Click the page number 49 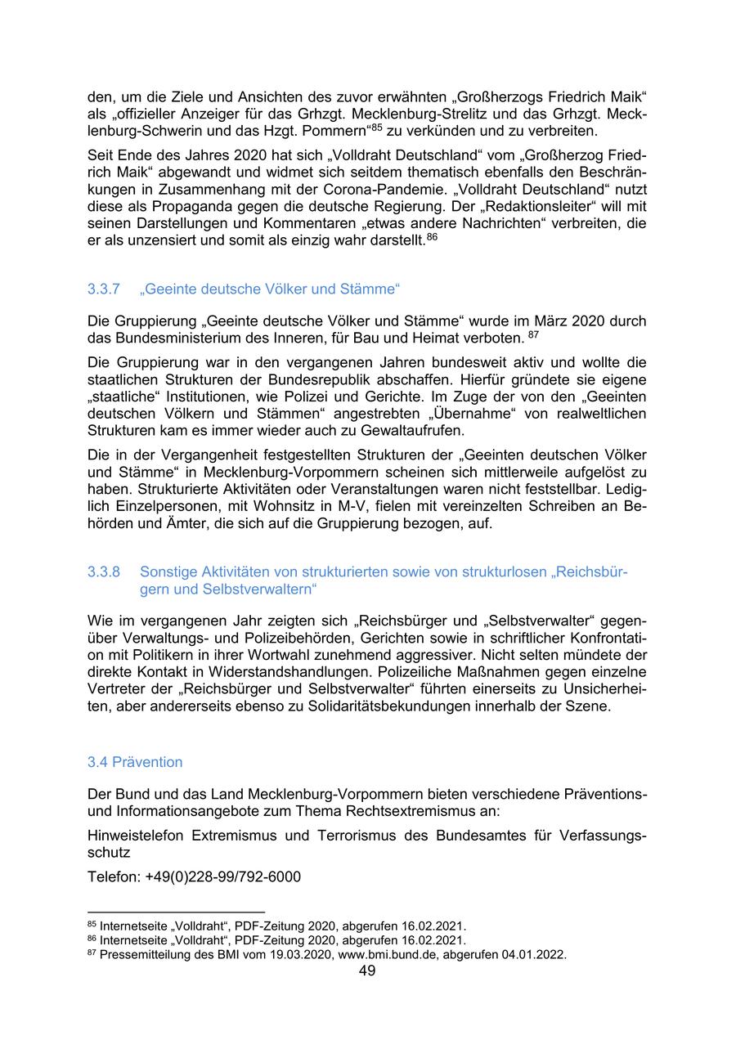click(x=367, y=971)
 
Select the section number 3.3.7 click(x=104, y=289)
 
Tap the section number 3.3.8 click(x=104, y=572)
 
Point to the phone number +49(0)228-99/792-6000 click(x=223, y=877)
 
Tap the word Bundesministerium click(x=173, y=337)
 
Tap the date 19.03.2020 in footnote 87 click(x=303, y=954)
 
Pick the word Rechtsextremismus click(x=422, y=810)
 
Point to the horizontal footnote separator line click(x=176, y=911)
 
